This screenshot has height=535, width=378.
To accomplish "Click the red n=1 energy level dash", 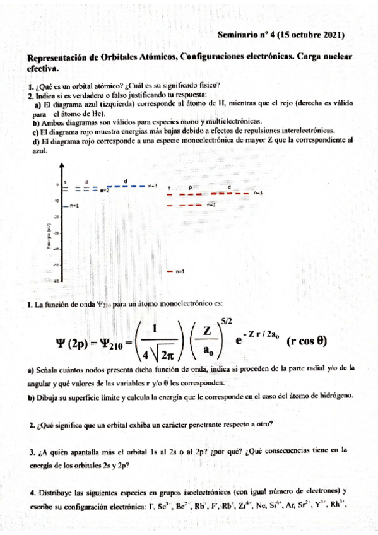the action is [x=169, y=271].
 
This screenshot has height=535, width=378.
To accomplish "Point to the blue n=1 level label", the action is [x=74, y=206].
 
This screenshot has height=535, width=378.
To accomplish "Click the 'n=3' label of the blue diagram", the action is [x=153, y=186].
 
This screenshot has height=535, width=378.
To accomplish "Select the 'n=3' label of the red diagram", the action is [x=257, y=192].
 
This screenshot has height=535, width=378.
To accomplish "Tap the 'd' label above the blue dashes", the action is [x=126, y=180].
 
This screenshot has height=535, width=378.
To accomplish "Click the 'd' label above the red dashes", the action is [x=228, y=187].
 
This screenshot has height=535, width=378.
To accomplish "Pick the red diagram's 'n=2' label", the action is [x=211, y=205].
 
